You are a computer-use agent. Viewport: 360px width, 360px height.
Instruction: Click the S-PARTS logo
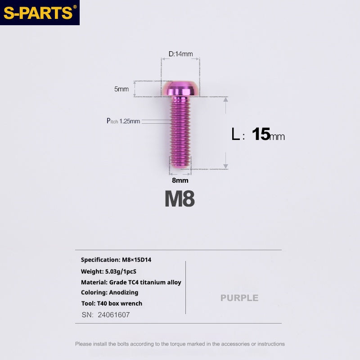click(40, 13)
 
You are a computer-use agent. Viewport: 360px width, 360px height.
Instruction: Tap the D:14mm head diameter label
click(181, 54)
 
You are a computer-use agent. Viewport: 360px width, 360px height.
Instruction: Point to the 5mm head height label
click(121, 89)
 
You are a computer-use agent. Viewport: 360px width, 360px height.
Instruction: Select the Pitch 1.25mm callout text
click(123, 121)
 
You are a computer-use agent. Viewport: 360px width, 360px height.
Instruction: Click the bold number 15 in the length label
click(261, 134)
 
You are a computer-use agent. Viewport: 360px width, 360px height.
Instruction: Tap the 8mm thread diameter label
click(180, 180)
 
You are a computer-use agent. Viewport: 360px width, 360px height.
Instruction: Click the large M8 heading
click(180, 199)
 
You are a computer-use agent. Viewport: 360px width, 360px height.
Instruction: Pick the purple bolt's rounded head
click(180, 88)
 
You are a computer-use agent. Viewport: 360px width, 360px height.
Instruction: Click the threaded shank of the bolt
click(180, 132)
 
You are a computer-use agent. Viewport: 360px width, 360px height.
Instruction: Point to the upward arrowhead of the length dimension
click(226, 99)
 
